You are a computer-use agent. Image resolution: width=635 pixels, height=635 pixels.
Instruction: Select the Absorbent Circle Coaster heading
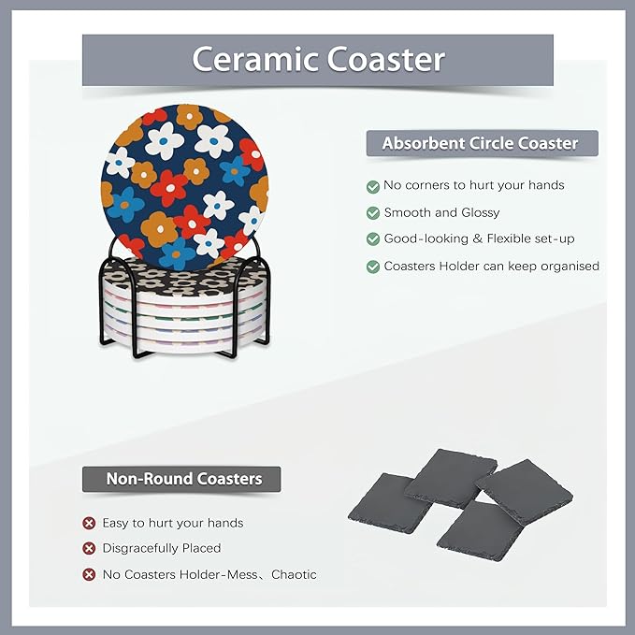481,144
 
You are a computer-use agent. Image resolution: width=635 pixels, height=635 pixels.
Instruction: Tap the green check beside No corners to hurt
373,186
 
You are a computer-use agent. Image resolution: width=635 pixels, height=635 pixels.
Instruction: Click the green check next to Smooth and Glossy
373,213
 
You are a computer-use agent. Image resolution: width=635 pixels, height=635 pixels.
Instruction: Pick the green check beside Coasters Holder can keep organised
373,267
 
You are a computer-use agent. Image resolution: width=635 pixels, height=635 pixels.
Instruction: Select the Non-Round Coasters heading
183,479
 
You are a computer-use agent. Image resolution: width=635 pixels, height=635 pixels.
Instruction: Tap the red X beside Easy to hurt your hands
89,523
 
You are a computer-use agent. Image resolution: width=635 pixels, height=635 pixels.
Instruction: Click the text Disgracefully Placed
162,548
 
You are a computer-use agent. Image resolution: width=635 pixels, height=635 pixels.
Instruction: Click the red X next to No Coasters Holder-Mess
89,574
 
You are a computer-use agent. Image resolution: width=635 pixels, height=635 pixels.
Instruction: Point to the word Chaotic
294,574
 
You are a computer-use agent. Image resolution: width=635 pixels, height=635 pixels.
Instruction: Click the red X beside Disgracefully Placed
89,548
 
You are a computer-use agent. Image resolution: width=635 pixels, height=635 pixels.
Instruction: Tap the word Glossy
480,213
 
